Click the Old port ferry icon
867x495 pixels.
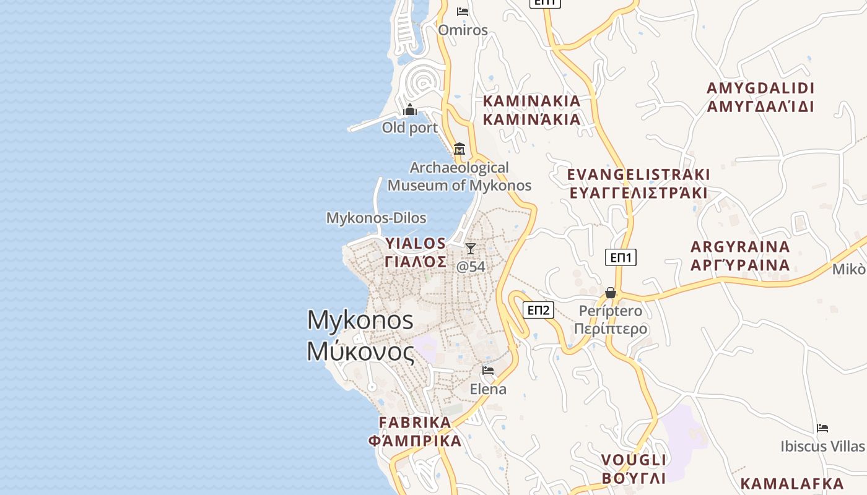click(410, 111)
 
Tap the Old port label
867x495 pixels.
click(410, 128)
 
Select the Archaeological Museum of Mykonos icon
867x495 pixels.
click(460, 149)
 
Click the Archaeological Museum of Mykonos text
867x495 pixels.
click(460, 176)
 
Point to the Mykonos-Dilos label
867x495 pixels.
click(376, 218)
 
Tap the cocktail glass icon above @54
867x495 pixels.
click(471, 249)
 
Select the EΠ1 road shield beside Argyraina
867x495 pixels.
click(621, 257)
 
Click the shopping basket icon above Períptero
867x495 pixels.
click(611, 293)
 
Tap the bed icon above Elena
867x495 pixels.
click(488, 371)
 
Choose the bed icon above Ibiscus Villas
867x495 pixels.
click(822, 428)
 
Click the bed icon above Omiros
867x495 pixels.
click(463, 12)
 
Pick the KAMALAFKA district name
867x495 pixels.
click(792, 483)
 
